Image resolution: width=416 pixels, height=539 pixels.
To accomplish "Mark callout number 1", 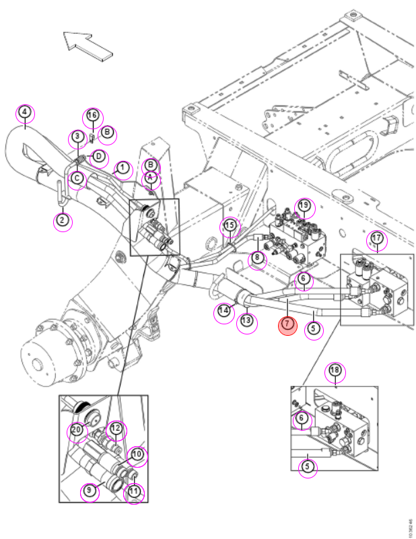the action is coord(123,170).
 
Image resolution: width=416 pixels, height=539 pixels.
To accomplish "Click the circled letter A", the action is coord(151,180).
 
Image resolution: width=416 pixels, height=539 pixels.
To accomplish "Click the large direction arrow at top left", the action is coord(88,46).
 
